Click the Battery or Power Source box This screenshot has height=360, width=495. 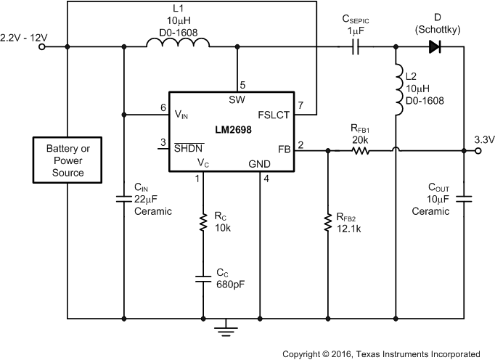point(66,161)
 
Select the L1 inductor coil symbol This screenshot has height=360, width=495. point(178,46)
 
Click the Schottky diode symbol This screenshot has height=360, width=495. point(435,46)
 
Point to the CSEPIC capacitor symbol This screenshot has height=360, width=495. point(354,46)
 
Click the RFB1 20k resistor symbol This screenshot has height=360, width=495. point(360,151)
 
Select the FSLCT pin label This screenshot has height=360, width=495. point(274,114)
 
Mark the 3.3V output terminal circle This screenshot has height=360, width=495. point(478,151)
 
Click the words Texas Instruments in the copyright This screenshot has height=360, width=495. point(406,353)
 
